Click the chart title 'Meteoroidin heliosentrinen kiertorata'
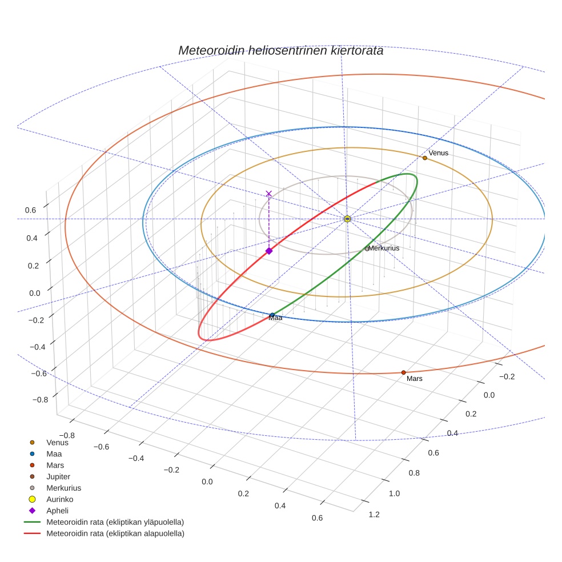pos(280,50)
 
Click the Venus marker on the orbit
pos(425,158)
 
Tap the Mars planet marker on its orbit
pos(403,372)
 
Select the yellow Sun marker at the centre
pos(347,219)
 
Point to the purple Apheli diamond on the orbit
pos(269,251)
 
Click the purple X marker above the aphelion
pos(269,194)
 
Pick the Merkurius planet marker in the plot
pos(367,248)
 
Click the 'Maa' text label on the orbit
pos(276,318)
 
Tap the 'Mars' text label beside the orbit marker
pos(415,379)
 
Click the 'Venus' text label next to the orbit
pos(439,153)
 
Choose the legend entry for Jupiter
pos(58,476)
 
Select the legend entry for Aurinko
pos(61,499)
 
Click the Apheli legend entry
pos(57,511)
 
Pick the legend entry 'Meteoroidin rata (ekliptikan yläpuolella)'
pos(115,522)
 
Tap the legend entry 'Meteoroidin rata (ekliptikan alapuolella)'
pos(115,533)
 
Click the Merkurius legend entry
pos(63,488)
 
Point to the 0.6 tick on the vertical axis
pos(30,210)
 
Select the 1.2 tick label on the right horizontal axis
pos(374,515)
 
